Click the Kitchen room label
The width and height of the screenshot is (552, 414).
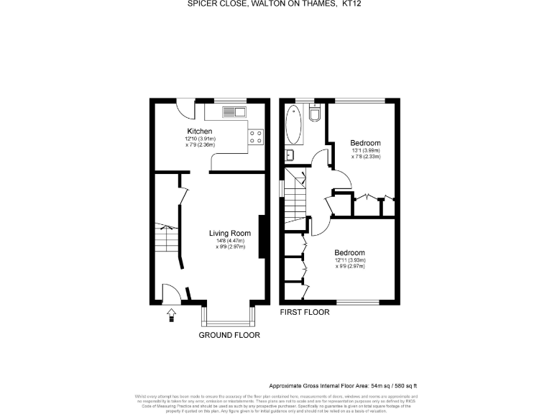click(199, 131)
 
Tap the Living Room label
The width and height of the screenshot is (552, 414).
click(230, 233)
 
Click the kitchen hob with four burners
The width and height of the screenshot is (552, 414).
click(255, 137)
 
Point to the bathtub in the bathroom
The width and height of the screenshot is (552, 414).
click(294, 128)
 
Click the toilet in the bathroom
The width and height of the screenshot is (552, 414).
click(315, 115)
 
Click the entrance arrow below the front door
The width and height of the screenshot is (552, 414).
click(171, 315)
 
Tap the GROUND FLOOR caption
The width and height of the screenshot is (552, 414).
click(229, 335)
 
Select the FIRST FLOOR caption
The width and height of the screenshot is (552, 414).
click(305, 313)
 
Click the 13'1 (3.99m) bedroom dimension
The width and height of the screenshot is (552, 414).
click(366, 150)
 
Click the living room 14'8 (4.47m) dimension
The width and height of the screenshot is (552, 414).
click(230, 241)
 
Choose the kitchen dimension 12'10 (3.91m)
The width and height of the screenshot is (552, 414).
click(201, 138)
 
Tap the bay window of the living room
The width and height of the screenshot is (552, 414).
click(229, 313)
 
